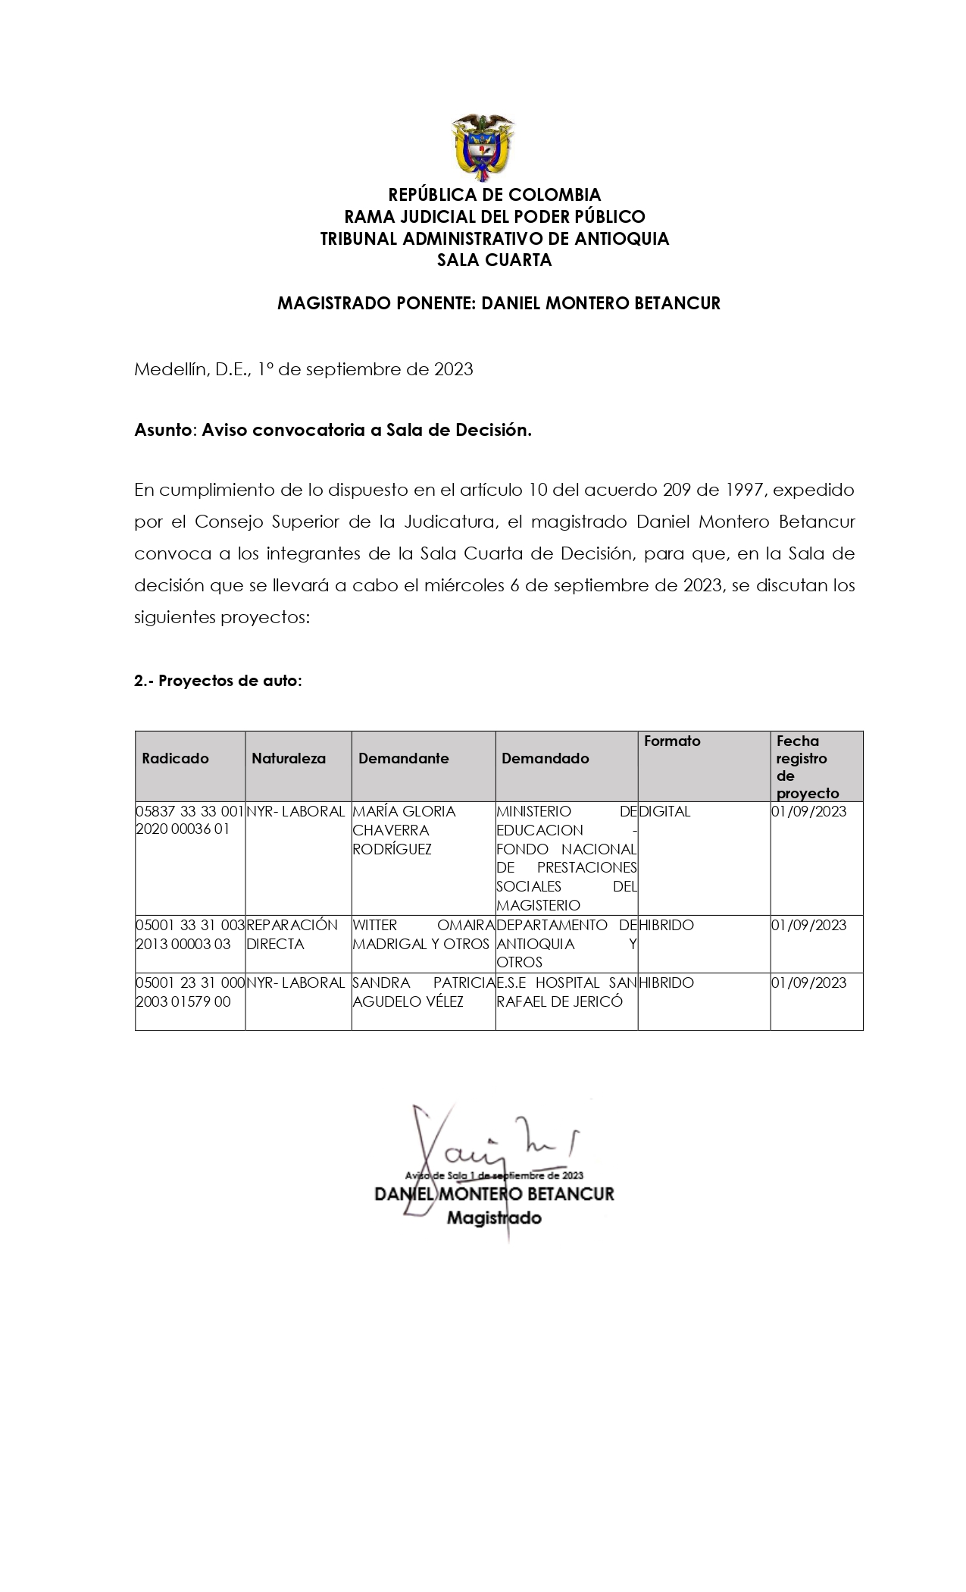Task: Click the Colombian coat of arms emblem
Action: pos(483,147)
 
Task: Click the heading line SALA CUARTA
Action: pos(494,260)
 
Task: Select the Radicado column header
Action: pos(175,758)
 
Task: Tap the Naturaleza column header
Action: pos(289,758)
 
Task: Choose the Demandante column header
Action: pos(403,758)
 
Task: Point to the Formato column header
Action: pos(672,741)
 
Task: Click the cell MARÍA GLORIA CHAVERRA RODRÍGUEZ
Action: pos(405,830)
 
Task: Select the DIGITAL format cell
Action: pos(665,811)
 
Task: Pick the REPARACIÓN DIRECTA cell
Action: pos(292,934)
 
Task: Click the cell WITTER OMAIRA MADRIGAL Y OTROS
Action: pos(423,934)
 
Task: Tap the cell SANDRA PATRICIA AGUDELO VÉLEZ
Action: pos(423,992)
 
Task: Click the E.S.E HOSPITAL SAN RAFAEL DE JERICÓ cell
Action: pos(566,992)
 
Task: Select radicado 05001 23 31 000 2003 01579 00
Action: pos(189,992)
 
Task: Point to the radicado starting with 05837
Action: pos(189,820)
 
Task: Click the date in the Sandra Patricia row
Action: pos(808,982)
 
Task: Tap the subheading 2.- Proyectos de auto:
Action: pos(218,680)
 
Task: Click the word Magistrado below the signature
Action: pos(494,1218)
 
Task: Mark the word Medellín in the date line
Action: pos(167,369)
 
